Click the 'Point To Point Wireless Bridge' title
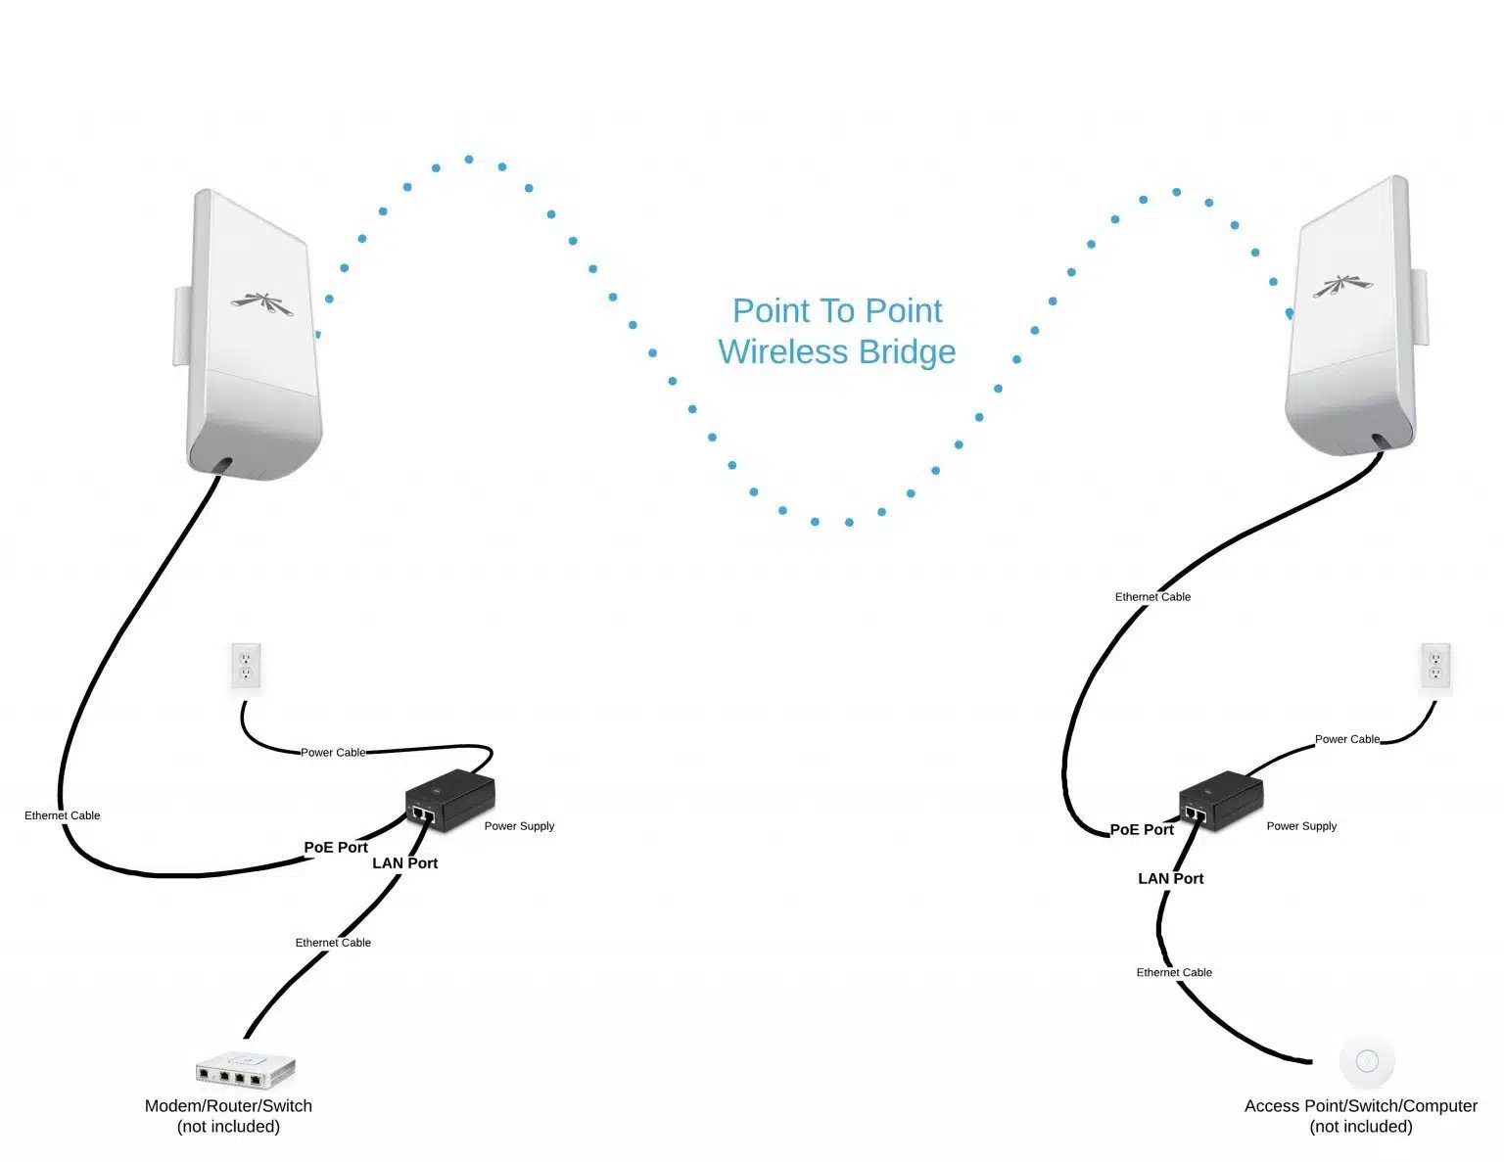(837, 331)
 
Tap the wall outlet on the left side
(247, 667)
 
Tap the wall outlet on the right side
(1435, 667)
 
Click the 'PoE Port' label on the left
(336, 848)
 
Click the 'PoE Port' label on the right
(1142, 830)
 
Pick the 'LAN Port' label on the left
(404, 863)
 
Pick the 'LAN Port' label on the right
(1170, 879)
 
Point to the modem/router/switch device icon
(245, 1069)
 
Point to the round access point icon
(1367, 1061)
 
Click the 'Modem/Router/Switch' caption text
(228, 1106)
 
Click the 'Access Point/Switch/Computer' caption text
(1360, 1106)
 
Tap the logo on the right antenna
(1341, 286)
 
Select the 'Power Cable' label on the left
(333, 753)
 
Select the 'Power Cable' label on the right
(1346, 739)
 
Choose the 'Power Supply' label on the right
(1300, 826)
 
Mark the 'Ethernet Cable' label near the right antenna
(1152, 597)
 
